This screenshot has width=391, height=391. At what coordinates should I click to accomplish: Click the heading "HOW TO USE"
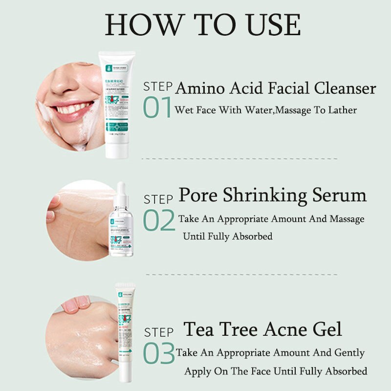click(x=202, y=24)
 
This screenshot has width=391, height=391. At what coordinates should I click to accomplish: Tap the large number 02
click(x=159, y=221)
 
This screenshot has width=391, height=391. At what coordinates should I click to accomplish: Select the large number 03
click(x=159, y=353)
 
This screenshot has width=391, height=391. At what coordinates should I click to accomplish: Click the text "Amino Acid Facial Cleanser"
click(x=276, y=88)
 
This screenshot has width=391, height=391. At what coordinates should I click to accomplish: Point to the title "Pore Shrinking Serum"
click(x=272, y=195)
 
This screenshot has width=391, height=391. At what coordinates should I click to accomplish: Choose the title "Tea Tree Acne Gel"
click(x=262, y=329)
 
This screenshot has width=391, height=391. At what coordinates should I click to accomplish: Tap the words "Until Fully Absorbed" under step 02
click(x=227, y=237)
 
